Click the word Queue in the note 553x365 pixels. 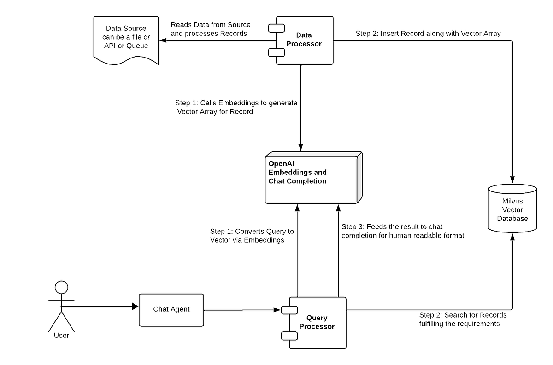tap(137, 46)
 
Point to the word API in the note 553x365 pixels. tap(111, 46)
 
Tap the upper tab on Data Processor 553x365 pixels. tap(276, 29)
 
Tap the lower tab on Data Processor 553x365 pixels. tap(276, 52)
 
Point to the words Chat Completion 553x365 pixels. tap(297, 181)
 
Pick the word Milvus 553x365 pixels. tap(512, 201)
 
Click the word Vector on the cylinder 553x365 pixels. tap(512, 210)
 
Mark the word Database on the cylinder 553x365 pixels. tap(512, 218)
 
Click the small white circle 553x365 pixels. tap(61, 288)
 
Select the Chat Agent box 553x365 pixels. tap(171, 309)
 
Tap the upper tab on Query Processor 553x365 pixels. tap(289, 310)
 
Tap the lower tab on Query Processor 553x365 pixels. tap(289, 335)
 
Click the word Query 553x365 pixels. tap(317, 318)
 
